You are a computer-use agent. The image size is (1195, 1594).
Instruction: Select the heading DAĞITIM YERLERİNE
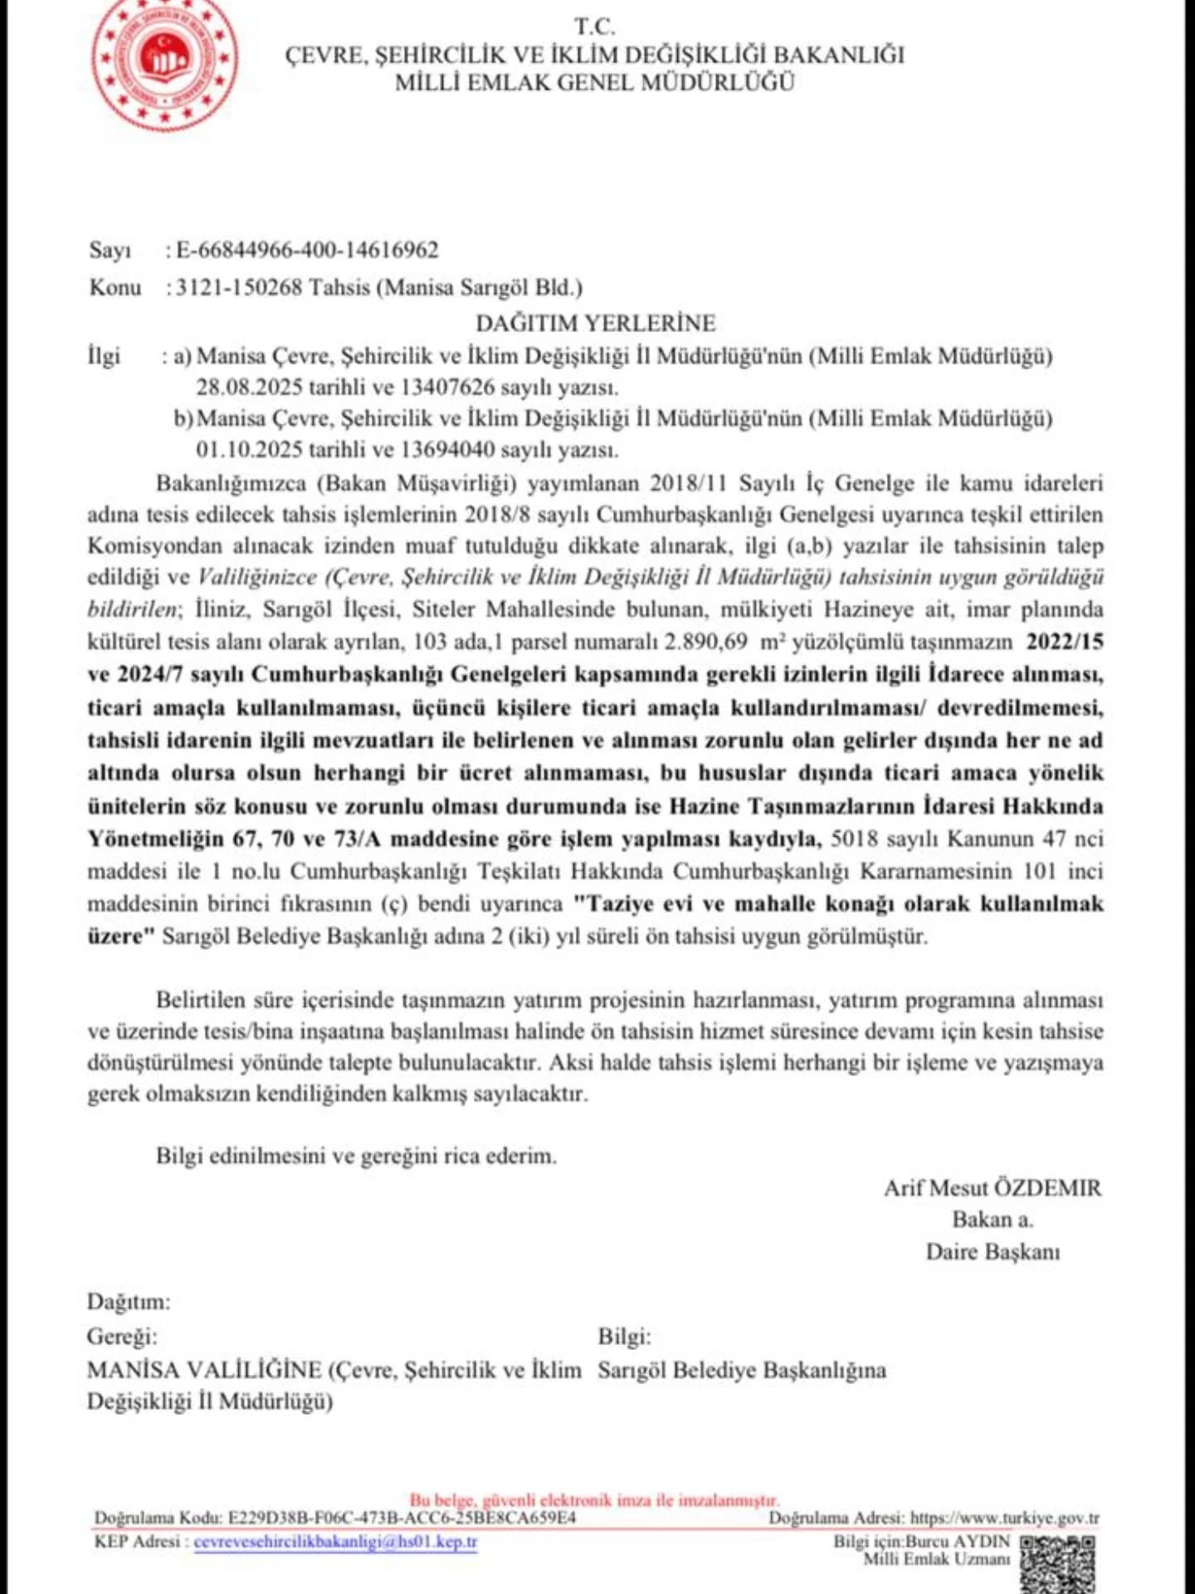coord(595,323)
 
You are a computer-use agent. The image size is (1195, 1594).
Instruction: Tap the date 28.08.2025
coord(250,387)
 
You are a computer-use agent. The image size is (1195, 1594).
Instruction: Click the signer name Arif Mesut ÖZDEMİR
coord(993,1188)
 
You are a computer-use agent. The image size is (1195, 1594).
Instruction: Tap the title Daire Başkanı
coord(993,1251)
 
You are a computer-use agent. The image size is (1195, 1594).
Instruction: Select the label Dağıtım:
coord(129,1301)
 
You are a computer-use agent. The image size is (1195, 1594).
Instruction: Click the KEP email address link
coord(335,1542)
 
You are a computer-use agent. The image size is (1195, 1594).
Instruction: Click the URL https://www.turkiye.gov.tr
coord(1004,1518)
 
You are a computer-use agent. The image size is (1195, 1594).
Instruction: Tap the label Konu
coord(115,288)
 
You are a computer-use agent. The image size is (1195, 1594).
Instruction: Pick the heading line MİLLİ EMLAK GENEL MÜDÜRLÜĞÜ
coord(595,82)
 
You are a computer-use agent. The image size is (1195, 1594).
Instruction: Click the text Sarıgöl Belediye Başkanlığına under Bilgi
coord(742,1370)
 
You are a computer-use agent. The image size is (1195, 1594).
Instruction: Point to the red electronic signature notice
coord(594,1500)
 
